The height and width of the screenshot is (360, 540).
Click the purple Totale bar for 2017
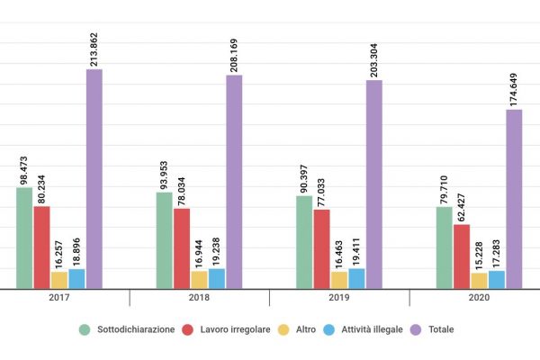click(94, 179)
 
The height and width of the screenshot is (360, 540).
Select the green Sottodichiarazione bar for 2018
click(164, 240)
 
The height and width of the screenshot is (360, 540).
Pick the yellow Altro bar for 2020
click(479, 280)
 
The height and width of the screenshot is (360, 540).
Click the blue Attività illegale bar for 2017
click(76, 279)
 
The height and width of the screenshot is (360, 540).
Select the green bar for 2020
click(444, 247)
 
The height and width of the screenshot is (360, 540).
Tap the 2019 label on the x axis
click(339, 298)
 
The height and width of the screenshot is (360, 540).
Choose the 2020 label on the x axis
click(479, 298)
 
